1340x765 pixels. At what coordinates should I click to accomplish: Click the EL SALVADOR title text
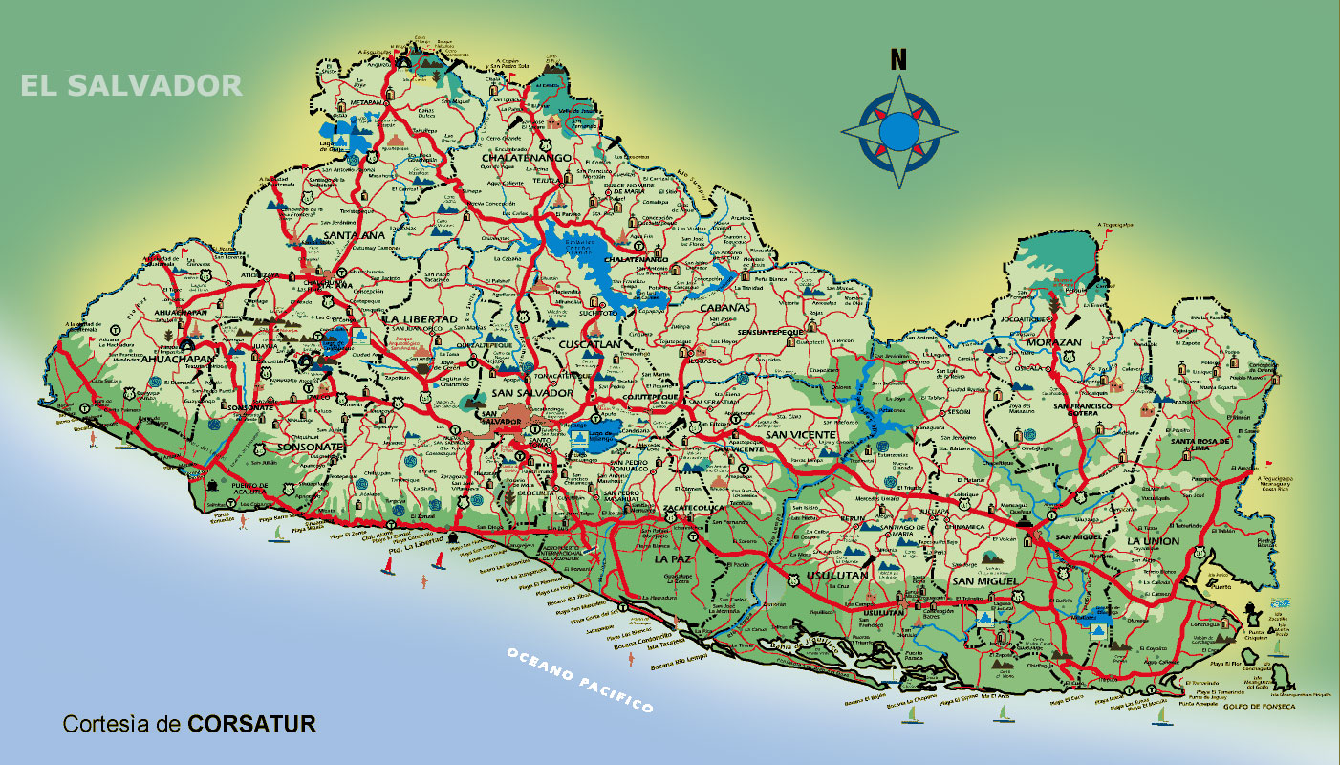132,85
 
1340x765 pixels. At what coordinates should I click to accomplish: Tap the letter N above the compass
898,59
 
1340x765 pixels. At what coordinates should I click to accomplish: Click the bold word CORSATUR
251,724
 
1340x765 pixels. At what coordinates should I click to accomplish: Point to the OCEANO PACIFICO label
580,680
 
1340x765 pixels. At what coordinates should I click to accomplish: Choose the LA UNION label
1153,541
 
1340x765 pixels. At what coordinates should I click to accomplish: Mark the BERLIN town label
852,517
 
